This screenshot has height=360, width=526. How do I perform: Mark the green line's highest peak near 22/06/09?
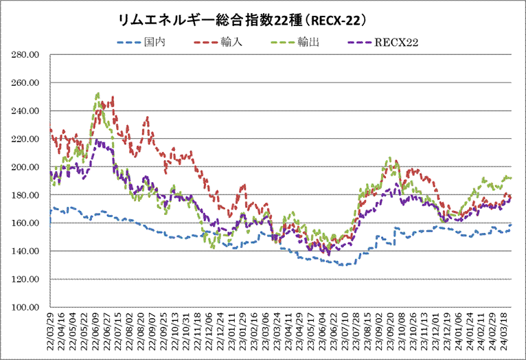(98, 93)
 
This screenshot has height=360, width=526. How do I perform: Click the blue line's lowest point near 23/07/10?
(341, 265)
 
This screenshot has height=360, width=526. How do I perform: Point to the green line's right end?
(511, 178)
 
